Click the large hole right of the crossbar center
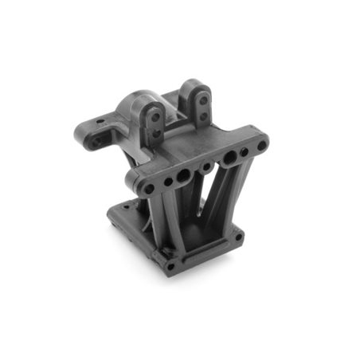(x=229, y=158)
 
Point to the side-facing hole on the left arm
(x=98, y=143)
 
